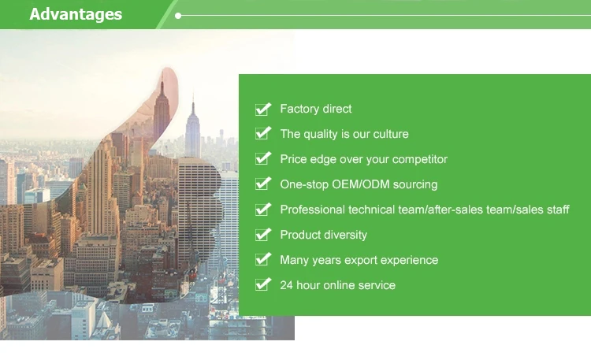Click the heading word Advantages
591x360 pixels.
(x=76, y=15)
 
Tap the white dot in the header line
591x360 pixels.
(x=178, y=16)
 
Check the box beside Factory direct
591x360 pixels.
(x=262, y=109)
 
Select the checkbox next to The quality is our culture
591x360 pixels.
(x=262, y=134)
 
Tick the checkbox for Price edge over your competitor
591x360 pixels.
(x=262, y=159)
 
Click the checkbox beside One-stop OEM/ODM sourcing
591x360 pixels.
(x=262, y=184)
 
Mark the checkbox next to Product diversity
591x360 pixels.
(x=262, y=235)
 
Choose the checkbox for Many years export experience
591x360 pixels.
(x=262, y=260)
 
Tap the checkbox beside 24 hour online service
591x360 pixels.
(x=262, y=285)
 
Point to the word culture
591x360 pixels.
(x=391, y=134)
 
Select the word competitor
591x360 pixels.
(x=419, y=159)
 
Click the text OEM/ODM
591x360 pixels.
(x=360, y=184)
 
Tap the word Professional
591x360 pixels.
(x=313, y=210)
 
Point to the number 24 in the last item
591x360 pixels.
(x=287, y=285)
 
